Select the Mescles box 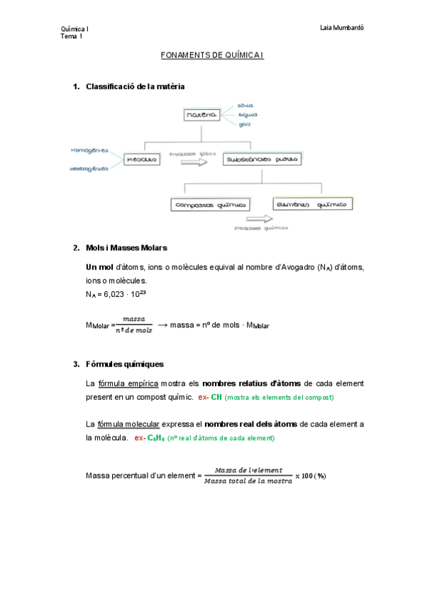(x=141, y=160)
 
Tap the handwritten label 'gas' (x=244, y=124)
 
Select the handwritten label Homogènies (x=89, y=150)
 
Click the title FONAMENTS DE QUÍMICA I (x=212, y=55)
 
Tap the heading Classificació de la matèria (x=135, y=86)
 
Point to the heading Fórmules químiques (x=124, y=365)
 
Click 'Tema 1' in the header (x=72, y=36)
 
